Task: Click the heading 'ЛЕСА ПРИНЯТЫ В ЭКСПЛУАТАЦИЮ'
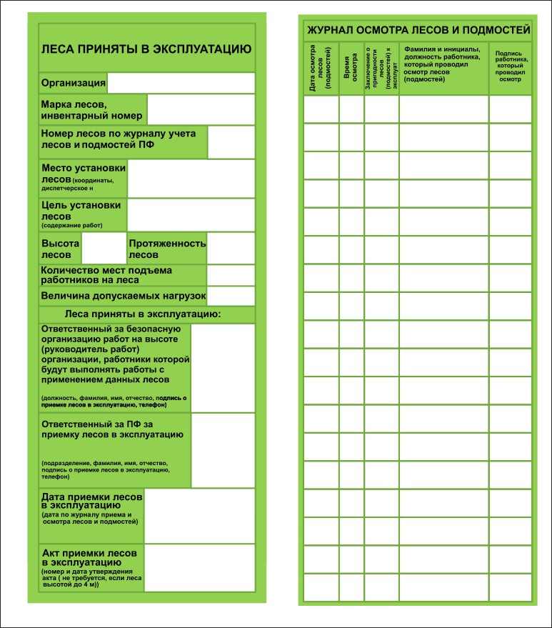[x=146, y=49]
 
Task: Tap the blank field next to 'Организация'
[x=180, y=83]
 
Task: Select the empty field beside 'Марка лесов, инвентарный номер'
[x=201, y=109]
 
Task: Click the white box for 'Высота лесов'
[x=104, y=249]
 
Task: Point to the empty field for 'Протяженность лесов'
[x=231, y=249]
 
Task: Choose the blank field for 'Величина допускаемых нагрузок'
[x=231, y=296]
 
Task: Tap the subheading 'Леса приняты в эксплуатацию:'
[x=143, y=314]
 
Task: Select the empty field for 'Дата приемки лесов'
[x=199, y=515]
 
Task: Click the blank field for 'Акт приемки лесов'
[x=199, y=568]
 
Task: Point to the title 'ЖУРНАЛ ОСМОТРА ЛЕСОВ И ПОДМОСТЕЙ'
[x=418, y=30]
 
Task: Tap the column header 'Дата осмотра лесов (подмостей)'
[x=321, y=69]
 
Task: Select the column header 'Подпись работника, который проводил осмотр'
[x=511, y=66]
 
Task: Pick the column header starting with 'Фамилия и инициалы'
[x=443, y=64]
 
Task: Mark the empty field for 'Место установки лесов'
[x=191, y=178]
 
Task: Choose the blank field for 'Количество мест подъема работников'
[x=231, y=275]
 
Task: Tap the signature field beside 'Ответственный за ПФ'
[x=223, y=450]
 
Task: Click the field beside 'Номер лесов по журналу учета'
[x=231, y=142]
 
